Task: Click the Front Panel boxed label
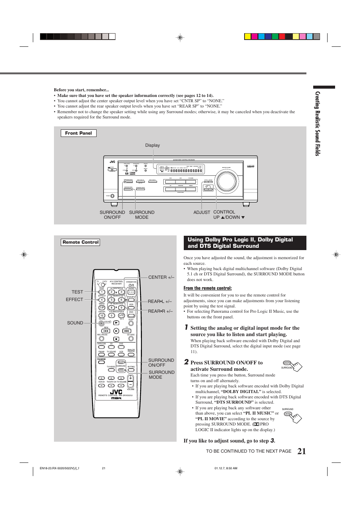click(x=78, y=133)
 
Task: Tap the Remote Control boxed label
click(x=80, y=242)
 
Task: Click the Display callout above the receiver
click(x=152, y=145)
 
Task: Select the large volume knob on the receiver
click(x=227, y=181)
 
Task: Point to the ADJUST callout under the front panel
click(x=202, y=212)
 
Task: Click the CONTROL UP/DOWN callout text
click(x=228, y=215)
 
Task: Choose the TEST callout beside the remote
click(x=77, y=292)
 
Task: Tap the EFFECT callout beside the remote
click(x=74, y=300)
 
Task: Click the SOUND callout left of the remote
click(x=75, y=323)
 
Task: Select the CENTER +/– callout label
click(x=161, y=277)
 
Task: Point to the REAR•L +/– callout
click(x=160, y=301)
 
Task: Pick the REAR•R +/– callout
click(x=160, y=311)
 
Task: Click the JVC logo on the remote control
click(x=116, y=392)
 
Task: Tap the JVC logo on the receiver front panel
click(x=112, y=162)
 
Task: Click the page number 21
click(x=302, y=451)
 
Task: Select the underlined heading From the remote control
click(x=208, y=288)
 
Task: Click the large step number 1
click(x=186, y=327)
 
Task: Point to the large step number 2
click(x=186, y=362)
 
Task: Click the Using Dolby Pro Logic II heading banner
click(x=245, y=243)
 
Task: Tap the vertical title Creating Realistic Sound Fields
click(x=318, y=123)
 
